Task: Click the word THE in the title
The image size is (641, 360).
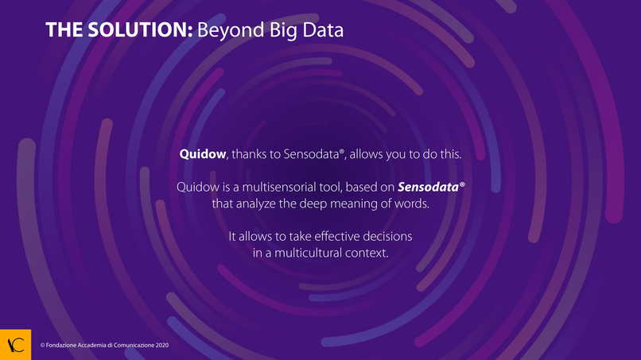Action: coord(64,30)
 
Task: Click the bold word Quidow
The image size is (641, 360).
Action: coord(202,154)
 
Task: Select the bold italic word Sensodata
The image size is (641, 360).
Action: coord(428,187)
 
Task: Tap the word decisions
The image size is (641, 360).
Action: coord(387,236)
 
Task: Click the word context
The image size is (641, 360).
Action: coord(367,253)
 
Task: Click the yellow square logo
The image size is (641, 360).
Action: coord(16,344)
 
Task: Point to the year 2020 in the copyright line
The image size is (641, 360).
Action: coord(162,345)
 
